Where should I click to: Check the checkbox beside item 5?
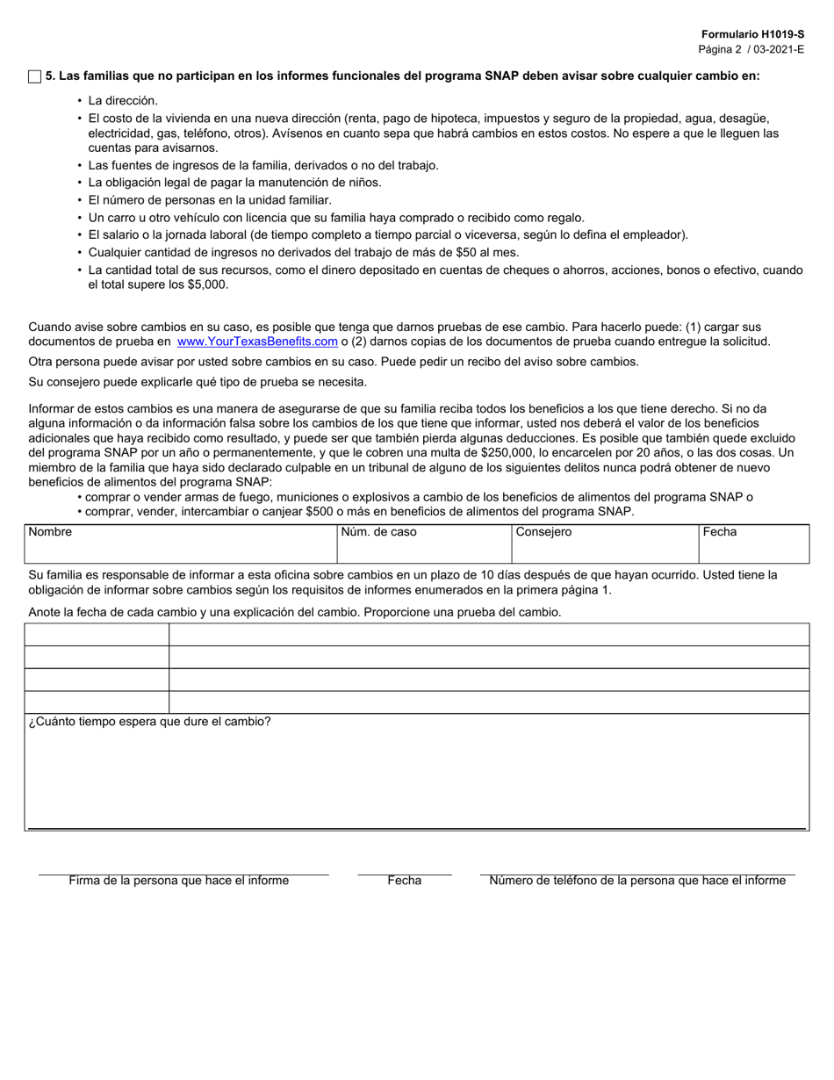pyautogui.click(x=35, y=77)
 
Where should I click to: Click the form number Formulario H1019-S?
pyautogui.click(x=752, y=33)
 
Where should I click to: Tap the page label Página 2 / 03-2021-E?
pyautogui.click(x=751, y=49)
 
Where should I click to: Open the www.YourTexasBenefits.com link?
pyautogui.click(x=257, y=342)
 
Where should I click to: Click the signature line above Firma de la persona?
pyautogui.click(x=183, y=869)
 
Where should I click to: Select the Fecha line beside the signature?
pyautogui.click(x=404, y=869)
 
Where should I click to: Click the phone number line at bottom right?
pyautogui.click(x=637, y=869)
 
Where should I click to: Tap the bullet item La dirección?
pyautogui.click(x=123, y=101)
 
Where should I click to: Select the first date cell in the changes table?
pyautogui.click(x=97, y=635)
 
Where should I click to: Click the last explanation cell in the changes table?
pyautogui.click(x=488, y=702)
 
